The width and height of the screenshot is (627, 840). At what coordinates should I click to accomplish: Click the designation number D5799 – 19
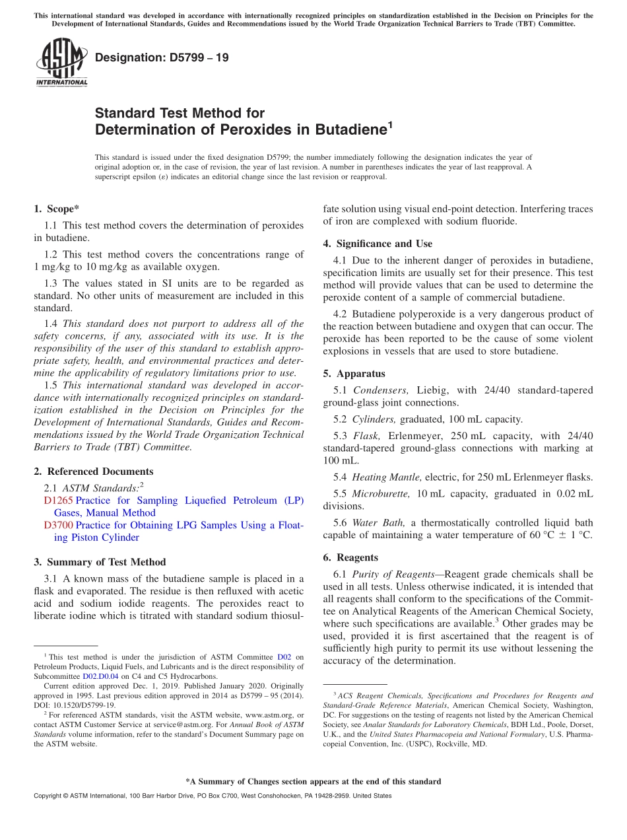pos(162,57)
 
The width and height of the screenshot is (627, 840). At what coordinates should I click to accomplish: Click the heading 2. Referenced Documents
pos(93,472)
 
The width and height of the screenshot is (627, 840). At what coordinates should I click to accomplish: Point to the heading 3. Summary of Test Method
pos(100,562)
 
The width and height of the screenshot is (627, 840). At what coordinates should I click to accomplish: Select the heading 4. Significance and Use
pos(378,244)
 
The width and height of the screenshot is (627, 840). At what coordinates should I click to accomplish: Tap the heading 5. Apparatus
pos(354,374)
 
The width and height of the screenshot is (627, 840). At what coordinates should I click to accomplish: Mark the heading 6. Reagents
pos(350,557)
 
